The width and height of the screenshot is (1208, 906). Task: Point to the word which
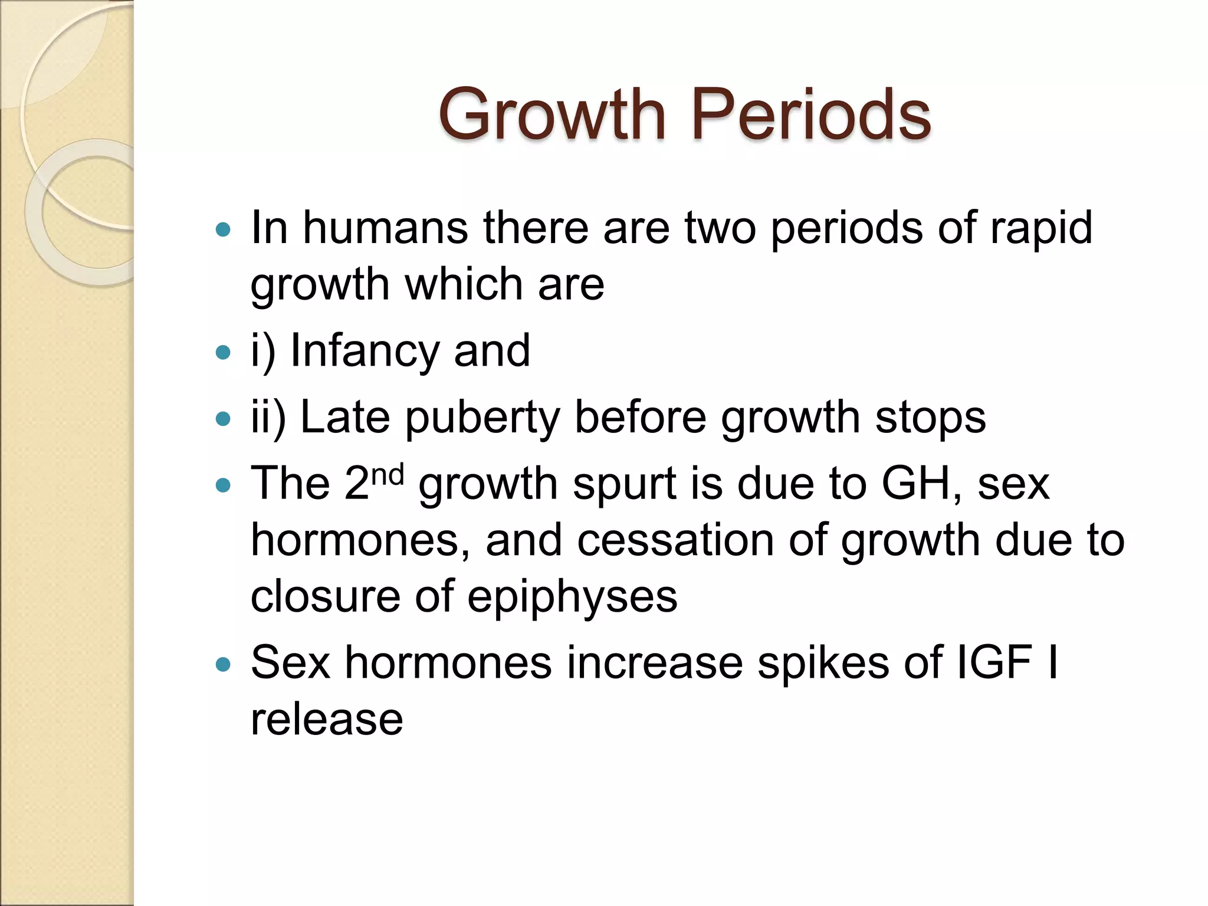(x=464, y=284)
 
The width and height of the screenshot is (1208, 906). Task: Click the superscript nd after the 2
(x=388, y=474)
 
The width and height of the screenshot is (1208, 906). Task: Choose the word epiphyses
(x=572, y=597)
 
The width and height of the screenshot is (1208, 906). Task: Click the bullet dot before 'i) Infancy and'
(x=223, y=353)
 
